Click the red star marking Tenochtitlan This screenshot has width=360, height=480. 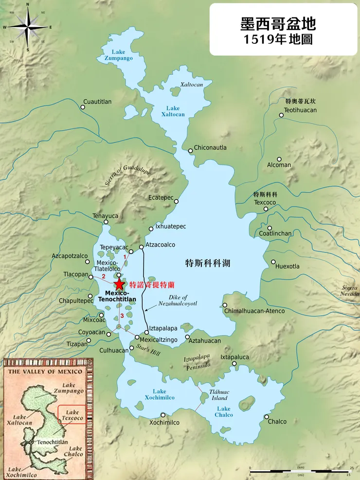pos(119,284)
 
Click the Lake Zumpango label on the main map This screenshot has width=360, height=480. pos(118,55)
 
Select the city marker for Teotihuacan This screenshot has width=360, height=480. pos(281,115)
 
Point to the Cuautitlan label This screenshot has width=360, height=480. pos(97,102)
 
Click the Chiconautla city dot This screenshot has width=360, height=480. pos(190,150)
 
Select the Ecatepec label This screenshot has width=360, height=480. pos(161,197)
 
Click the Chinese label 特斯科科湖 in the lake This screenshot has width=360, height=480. pos(208,263)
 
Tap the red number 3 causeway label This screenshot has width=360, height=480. pos(122,316)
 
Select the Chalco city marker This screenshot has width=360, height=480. pos(267,417)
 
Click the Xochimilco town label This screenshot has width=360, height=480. pos(164,423)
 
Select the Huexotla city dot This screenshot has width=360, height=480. pos(273,262)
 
